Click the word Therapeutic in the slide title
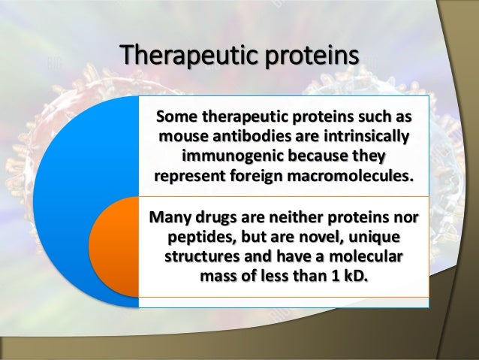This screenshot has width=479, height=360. [183, 56]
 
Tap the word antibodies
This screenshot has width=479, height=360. [247, 138]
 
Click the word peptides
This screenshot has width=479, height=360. [197, 239]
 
